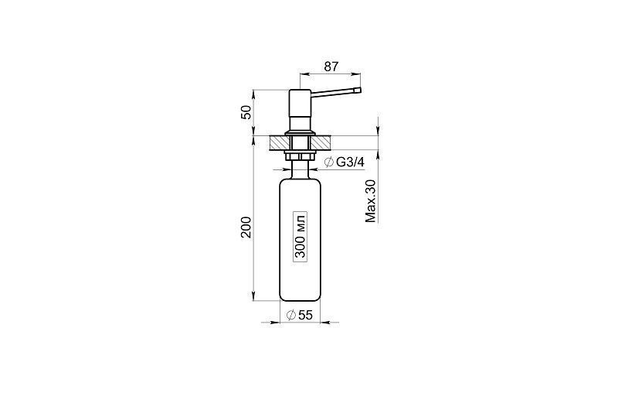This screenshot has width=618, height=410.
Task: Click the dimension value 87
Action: coord(331,67)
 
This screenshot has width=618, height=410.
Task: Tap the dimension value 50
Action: coord(246,112)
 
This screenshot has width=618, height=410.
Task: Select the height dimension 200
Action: coord(246,227)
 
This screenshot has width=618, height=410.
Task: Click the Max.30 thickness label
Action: coord(371,201)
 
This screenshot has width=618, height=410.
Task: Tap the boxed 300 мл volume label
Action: coord(301,235)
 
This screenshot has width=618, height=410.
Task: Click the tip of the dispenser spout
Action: coord(358,91)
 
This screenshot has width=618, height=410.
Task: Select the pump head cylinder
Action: coord(301,109)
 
